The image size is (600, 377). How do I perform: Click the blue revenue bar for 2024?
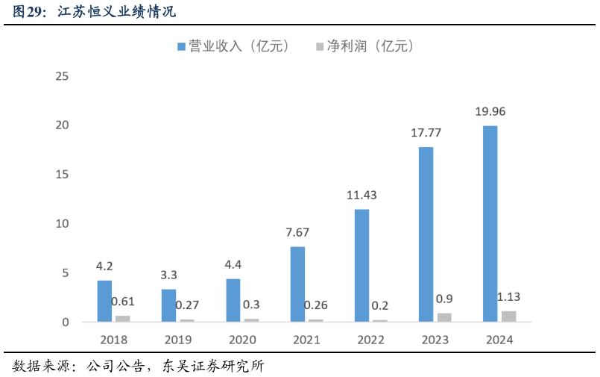click(x=490, y=224)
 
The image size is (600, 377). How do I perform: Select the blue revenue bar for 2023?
click(x=426, y=234)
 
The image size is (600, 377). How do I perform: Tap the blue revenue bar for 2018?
click(x=104, y=301)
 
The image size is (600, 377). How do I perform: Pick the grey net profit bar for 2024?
click(x=508, y=317)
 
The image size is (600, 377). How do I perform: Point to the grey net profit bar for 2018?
click(x=122, y=319)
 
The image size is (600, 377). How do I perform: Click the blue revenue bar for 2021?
click(x=297, y=284)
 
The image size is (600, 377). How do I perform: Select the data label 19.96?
click(x=490, y=112)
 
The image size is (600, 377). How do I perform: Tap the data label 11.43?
click(x=361, y=196)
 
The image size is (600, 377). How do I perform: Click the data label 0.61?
click(x=123, y=302)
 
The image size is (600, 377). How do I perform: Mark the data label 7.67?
click(x=297, y=232)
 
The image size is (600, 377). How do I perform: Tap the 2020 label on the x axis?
click(x=242, y=340)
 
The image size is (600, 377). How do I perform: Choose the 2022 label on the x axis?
click(x=370, y=340)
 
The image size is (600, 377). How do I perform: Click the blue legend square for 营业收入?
click(x=181, y=47)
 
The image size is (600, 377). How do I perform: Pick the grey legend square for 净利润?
click(x=320, y=47)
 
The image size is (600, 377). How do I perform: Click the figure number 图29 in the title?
click(x=29, y=13)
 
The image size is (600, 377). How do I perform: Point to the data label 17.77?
click(x=426, y=134)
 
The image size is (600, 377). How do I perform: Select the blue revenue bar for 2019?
click(x=168, y=305)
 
